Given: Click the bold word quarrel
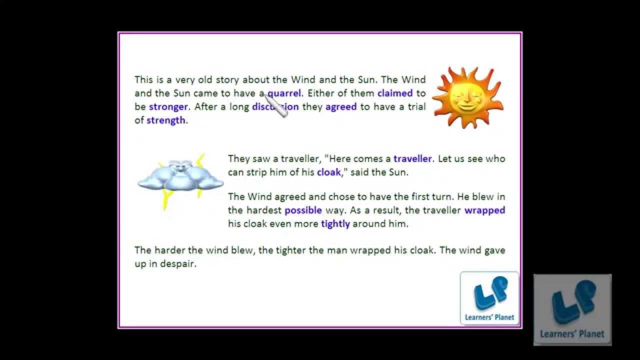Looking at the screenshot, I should click(284, 93).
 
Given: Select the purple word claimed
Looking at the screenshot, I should click(395, 93).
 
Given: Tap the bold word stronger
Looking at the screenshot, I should click(168, 106).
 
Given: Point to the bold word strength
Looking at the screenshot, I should click(165, 120).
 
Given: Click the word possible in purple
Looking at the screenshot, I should click(303, 210).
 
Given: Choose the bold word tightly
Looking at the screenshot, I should click(335, 224).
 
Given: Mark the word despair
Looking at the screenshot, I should click(178, 264).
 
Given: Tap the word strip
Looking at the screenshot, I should click(254, 172).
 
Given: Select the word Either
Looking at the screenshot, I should click(321, 93).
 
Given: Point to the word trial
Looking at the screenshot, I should click(414, 106).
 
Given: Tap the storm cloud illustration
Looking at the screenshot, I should click(180, 177).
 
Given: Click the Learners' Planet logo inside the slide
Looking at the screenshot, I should click(489, 298).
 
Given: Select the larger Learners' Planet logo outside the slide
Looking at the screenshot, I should click(572, 309).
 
